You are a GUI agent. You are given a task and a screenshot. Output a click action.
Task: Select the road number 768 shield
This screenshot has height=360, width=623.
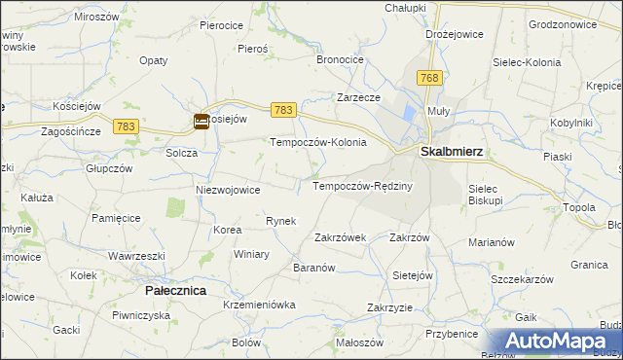428,77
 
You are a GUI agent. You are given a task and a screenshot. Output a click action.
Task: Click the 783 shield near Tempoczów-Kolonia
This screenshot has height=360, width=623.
283,112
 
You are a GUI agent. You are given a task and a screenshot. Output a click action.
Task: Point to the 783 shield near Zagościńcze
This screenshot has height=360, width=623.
126,126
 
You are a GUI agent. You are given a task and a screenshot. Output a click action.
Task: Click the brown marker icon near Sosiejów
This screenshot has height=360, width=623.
201,122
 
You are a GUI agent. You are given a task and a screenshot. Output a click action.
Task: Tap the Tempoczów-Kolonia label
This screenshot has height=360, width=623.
317,142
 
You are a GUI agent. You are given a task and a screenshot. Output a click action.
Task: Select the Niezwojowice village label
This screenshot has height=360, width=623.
228,190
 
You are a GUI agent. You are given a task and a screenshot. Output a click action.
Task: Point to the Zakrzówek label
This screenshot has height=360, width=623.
340,236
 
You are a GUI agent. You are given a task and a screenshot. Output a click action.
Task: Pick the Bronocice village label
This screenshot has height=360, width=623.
340,59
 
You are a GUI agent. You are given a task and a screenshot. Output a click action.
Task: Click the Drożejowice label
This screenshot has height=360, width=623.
455,34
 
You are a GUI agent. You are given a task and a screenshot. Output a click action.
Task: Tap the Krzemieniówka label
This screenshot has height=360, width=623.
258,305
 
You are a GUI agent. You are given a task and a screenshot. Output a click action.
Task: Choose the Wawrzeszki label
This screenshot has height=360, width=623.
136,256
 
